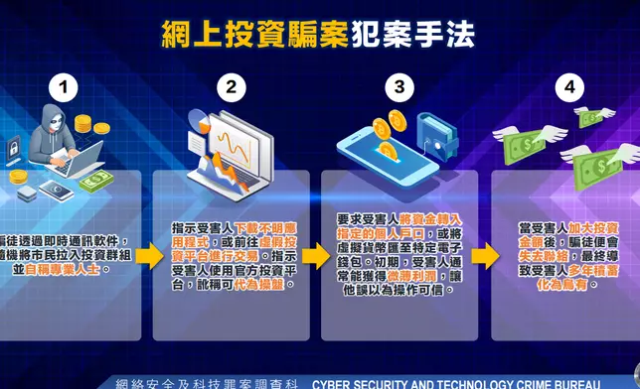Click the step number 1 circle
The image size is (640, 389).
click(66, 87)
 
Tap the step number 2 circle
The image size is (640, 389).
click(232, 87)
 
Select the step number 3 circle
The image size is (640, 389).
click(400, 87)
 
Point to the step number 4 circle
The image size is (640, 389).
click(568, 87)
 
